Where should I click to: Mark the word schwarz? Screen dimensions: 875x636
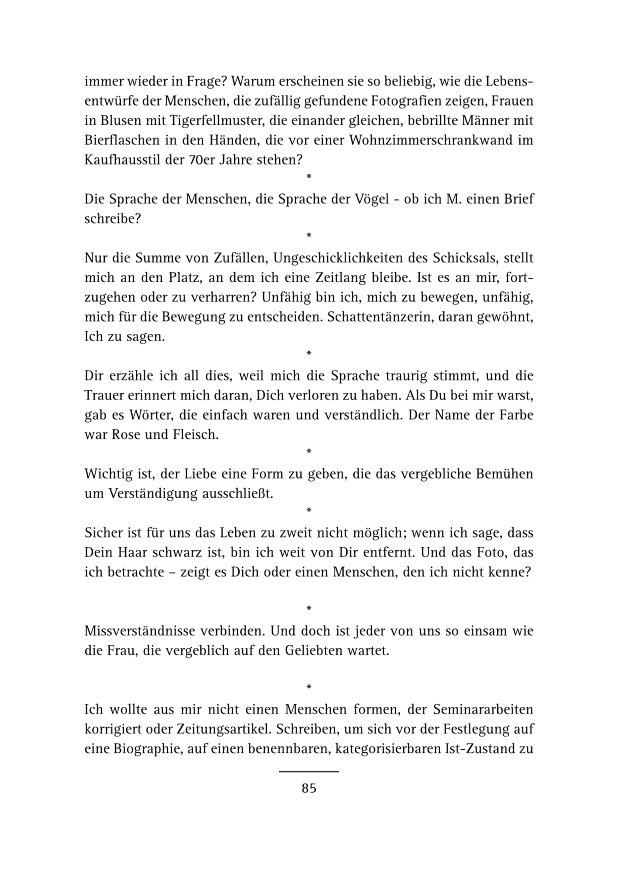point(177,552)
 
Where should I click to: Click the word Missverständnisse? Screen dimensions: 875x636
point(142,631)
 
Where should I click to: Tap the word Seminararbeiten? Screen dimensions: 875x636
point(483,710)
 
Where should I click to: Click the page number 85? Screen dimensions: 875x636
point(309,788)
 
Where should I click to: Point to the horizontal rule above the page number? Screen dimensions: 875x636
point(309,771)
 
